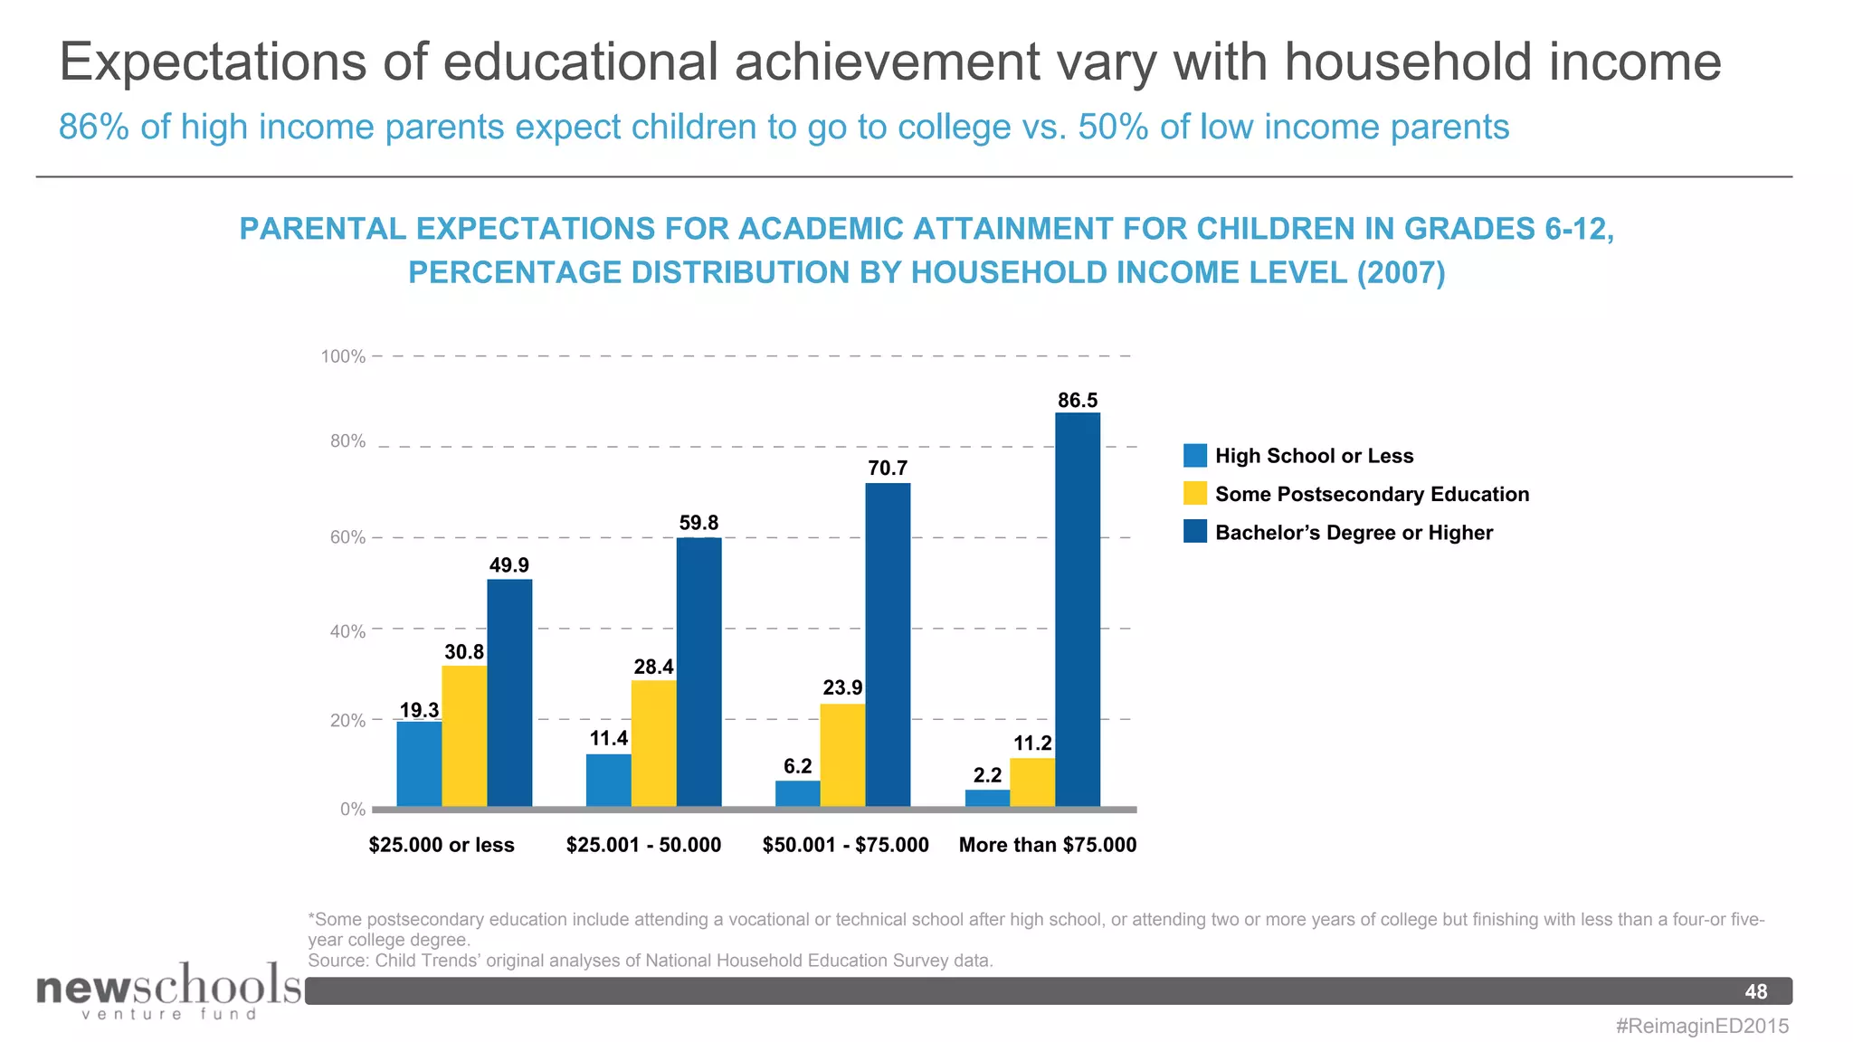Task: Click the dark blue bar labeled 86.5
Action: (x=1078, y=609)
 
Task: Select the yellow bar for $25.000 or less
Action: (x=464, y=735)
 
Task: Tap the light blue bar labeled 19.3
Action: (x=419, y=763)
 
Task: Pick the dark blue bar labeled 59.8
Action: (x=698, y=671)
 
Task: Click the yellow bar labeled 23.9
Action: (x=842, y=754)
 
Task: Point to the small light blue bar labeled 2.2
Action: (x=987, y=798)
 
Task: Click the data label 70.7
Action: (x=888, y=468)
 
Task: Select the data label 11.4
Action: (x=608, y=738)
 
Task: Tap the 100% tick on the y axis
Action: (x=343, y=356)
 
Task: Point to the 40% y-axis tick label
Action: (x=347, y=631)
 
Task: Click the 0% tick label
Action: (x=352, y=810)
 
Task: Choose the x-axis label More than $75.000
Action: (x=1047, y=845)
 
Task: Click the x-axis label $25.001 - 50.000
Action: (x=643, y=845)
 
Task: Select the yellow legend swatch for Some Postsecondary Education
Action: (x=1194, y=494)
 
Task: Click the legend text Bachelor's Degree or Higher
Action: (x=1354, y=533)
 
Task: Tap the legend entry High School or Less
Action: (x=1314, y=456)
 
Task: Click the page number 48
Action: (x=1755, y=991)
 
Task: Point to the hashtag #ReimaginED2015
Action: (x=1702, y=1026)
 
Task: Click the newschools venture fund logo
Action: (x=168, y=990)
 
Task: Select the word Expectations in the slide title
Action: (x=213, y=62)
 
